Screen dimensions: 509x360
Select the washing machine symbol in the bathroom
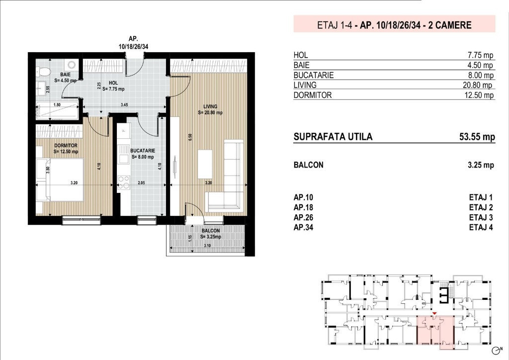point(72,65)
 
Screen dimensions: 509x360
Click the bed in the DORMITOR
point(60,180)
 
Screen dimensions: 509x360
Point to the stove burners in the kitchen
point(124,182)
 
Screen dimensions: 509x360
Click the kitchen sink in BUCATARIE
point(124,154)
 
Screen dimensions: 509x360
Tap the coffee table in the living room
point(205,164)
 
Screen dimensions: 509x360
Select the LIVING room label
point(210,106)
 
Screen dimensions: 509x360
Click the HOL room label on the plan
point(113,83)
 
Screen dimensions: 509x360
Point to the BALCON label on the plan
point(211,231)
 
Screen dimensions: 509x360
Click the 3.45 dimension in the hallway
point(124,105)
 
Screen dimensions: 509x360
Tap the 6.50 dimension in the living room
point(190,137)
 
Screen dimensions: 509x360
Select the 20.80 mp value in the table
point(478,85)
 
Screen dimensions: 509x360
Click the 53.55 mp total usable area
point(477,137)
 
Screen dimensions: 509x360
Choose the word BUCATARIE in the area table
point(314,75)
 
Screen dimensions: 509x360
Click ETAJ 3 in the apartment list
point(481,217)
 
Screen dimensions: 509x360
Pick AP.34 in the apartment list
point(304,228)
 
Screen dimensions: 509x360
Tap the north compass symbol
point(496,351)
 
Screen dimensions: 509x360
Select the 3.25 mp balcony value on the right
point(481,165)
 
